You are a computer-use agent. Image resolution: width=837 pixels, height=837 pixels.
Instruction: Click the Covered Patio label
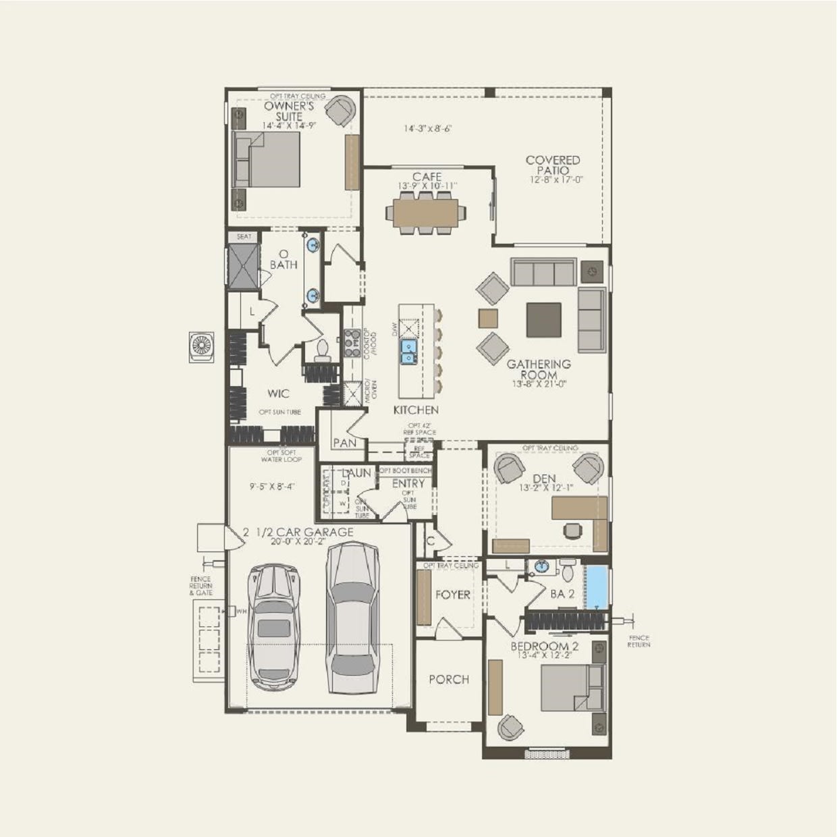(553, 165)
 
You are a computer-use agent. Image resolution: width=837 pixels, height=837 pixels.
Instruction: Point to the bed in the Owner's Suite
(266, 159)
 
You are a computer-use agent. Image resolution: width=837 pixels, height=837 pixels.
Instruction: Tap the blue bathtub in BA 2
(596, 587)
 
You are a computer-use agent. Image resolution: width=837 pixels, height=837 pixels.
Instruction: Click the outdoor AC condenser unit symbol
(201, 346)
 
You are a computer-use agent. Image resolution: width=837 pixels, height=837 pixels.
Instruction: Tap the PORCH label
(449, 680)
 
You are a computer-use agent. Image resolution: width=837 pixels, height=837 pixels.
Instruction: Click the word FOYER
(452, 595)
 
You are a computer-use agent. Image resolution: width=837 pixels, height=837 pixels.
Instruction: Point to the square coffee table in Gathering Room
(543, 319)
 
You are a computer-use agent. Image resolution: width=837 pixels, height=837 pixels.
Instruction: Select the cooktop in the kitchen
(352, 342)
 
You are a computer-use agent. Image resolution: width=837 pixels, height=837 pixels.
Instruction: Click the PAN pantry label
(344, 443)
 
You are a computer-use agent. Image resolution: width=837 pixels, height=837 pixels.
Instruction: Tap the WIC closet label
(278, 394)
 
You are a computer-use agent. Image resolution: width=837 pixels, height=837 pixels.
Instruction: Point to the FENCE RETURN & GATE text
(200, 586)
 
